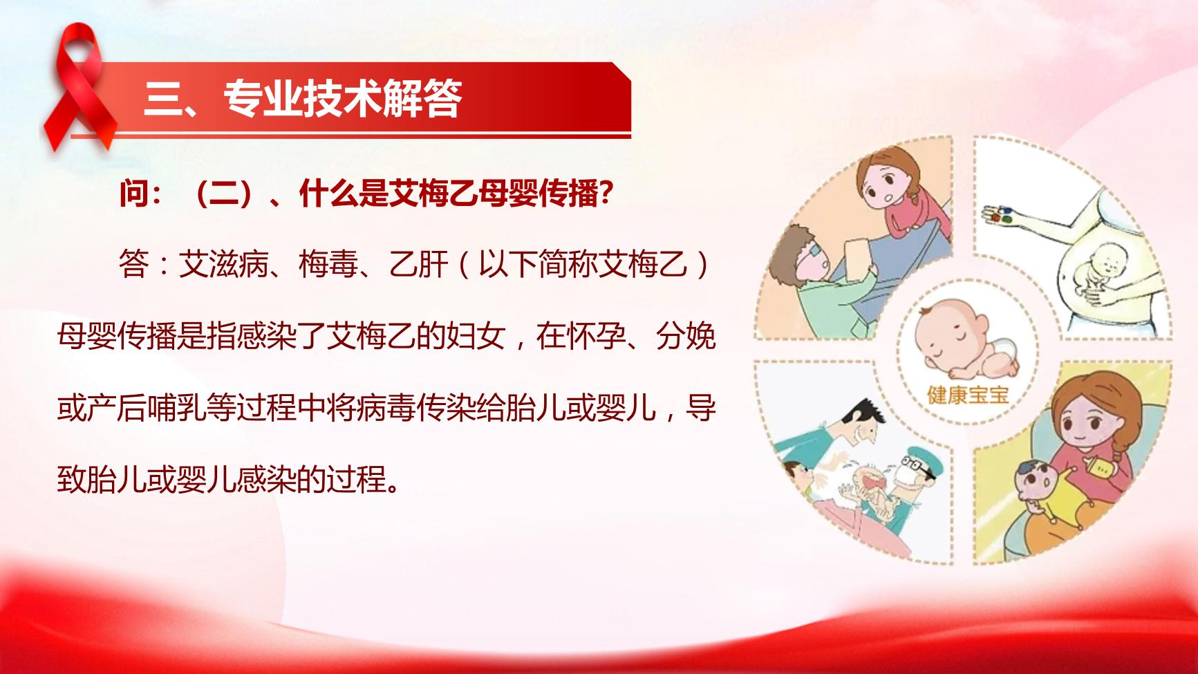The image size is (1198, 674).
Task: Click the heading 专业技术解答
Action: click(343, 99)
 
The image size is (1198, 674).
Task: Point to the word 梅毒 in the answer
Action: click(329, 265)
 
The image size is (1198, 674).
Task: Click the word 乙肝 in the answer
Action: click(419, 265)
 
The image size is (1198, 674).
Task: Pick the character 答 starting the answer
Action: click(133, 265)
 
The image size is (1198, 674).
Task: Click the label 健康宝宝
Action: click(968, 395)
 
